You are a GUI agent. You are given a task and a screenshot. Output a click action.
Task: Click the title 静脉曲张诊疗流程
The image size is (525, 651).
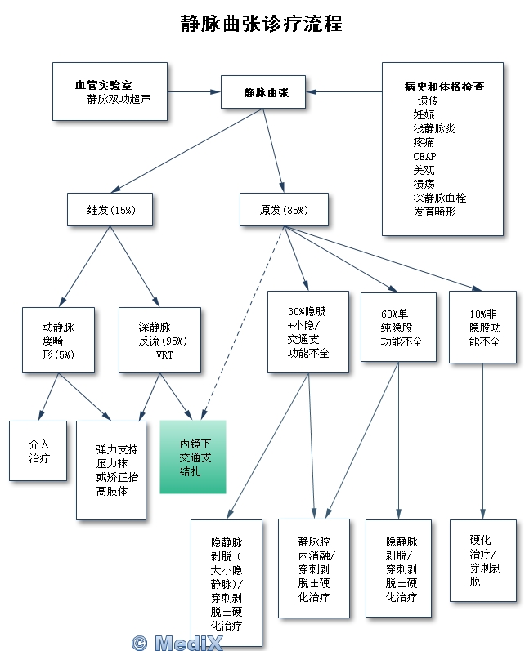[262, 23]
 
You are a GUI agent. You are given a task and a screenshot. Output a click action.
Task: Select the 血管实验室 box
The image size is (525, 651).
[110, 91]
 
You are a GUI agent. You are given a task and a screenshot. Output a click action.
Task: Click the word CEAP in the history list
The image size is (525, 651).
[424, 156]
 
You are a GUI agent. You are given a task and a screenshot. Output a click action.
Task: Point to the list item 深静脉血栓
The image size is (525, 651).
[439, 198]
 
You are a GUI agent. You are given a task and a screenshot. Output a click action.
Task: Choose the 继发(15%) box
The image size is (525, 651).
[111, 210]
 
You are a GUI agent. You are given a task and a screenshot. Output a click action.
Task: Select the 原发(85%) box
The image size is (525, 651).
[284, 210]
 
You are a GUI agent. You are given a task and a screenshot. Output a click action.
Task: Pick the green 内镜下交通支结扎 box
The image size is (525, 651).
[192, 457]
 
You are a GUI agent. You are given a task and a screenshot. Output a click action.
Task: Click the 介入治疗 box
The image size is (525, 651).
[38, 451]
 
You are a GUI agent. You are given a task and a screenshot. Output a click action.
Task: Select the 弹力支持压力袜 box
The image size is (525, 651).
[112, 470]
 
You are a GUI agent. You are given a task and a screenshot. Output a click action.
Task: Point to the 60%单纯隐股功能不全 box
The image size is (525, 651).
[398, 327]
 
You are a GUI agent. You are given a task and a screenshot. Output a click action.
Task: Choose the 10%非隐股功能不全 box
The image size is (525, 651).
[482, 328]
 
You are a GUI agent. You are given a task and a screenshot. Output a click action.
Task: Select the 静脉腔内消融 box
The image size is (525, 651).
[314, 569]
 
